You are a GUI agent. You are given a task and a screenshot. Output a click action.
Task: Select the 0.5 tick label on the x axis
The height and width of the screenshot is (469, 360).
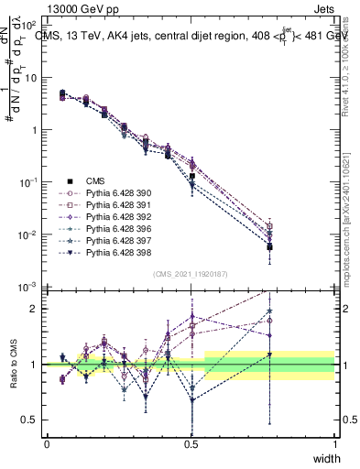click(191, 444)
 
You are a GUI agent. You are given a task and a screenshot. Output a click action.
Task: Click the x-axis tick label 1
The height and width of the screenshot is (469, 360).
click(334, 444)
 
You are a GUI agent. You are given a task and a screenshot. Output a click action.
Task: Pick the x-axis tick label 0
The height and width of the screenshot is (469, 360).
click(47, 444)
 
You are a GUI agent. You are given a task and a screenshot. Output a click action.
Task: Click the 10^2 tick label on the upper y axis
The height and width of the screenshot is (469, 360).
click(29, 25)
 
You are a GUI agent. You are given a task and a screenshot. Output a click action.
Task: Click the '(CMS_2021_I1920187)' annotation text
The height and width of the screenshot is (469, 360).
click(191, 273)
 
